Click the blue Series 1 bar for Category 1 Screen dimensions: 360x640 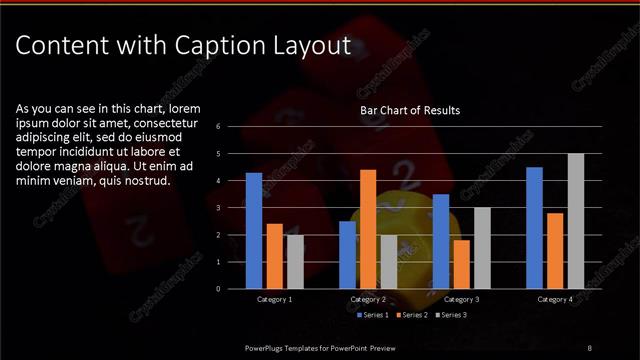tap(254, 231)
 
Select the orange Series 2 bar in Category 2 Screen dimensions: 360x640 tap(368, 229)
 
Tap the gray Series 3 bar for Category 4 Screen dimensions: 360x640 tap(576, 221)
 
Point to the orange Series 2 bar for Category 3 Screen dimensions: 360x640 tap(461, 264)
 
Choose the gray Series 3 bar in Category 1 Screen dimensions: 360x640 tap(295, 262)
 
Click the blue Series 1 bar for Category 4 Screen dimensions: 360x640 tap(534, 228)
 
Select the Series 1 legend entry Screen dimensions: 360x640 tap(374, 315)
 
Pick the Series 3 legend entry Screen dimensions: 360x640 tap(453, 315)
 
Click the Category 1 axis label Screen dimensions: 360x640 tap(274, 299)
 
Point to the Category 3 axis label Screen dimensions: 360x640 tap(461, 299)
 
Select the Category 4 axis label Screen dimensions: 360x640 tap(555, 299)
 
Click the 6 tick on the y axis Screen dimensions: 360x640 tap(232, 127)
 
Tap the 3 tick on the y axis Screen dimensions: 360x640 tap(232, 208)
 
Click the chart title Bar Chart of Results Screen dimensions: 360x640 tap(410, 110)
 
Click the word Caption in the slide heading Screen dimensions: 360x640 tap(218, 45)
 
